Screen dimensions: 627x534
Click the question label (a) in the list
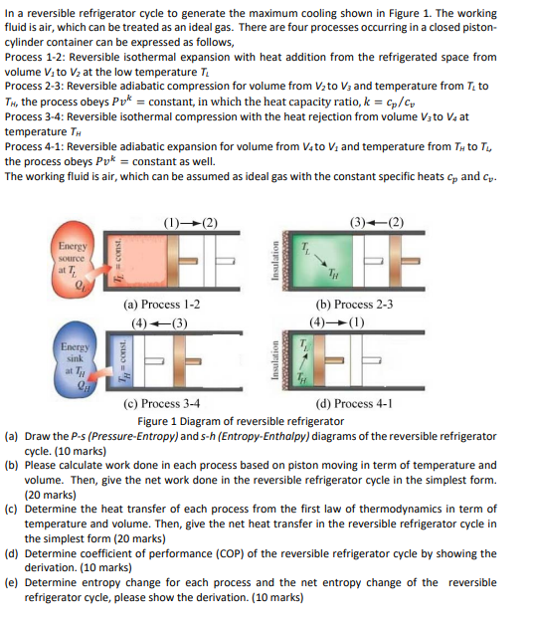[11, 435]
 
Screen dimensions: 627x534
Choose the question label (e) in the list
[11, 584]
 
